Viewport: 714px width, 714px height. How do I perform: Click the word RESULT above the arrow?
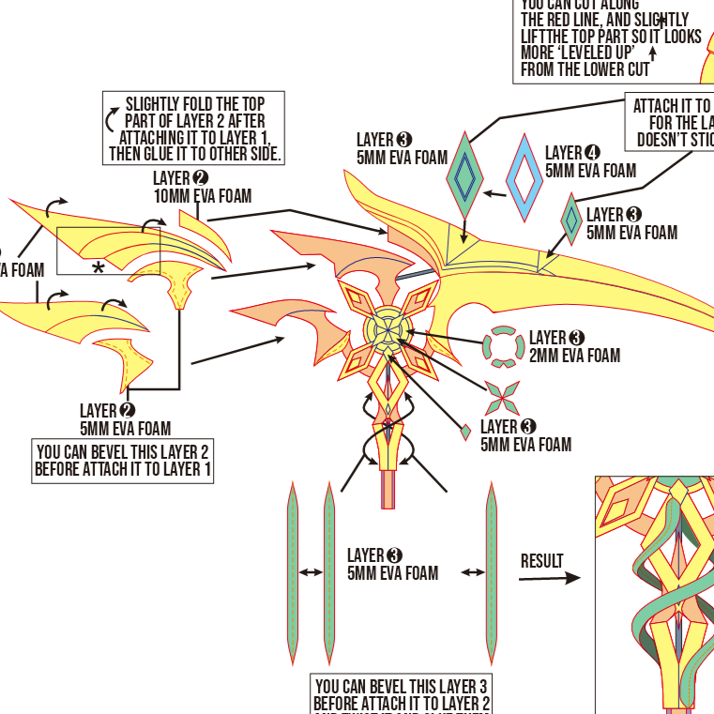[542, 561]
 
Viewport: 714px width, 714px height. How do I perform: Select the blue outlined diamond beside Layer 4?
[524, 177]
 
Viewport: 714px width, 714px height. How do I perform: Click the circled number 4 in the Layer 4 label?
[592, 153]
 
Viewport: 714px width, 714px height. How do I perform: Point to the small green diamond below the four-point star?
[465, 432]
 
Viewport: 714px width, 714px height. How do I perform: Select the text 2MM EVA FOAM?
[574, 356]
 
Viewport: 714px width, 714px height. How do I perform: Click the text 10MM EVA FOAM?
[203, 196]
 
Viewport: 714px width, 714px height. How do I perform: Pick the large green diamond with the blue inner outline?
[464, 175]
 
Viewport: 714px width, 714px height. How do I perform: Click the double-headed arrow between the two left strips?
[311, 572]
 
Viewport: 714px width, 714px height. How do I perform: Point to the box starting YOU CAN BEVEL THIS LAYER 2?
[123, 461]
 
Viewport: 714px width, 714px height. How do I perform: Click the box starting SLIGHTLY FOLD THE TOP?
[193, 129]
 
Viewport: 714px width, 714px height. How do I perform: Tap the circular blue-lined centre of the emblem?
[387, 329]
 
